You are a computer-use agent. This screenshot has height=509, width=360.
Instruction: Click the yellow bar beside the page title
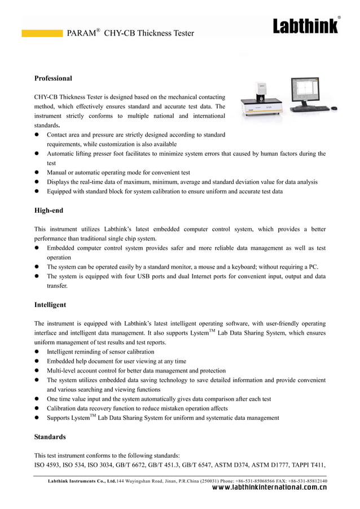tap(42, 33)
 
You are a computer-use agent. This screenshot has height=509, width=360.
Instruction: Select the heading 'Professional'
tap(53, 78)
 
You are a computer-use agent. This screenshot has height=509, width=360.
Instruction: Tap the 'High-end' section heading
tap(49, 210)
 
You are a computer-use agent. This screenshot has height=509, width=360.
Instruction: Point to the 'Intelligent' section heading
tap(50, 305)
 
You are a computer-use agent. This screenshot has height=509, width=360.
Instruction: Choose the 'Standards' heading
tap(50, 437)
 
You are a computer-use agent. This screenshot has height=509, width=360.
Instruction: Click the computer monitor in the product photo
tap(308, 91)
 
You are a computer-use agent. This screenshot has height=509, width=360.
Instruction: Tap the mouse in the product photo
tap(334, 108)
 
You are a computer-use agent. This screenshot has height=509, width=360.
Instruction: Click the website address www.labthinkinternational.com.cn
tap(268, 489)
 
